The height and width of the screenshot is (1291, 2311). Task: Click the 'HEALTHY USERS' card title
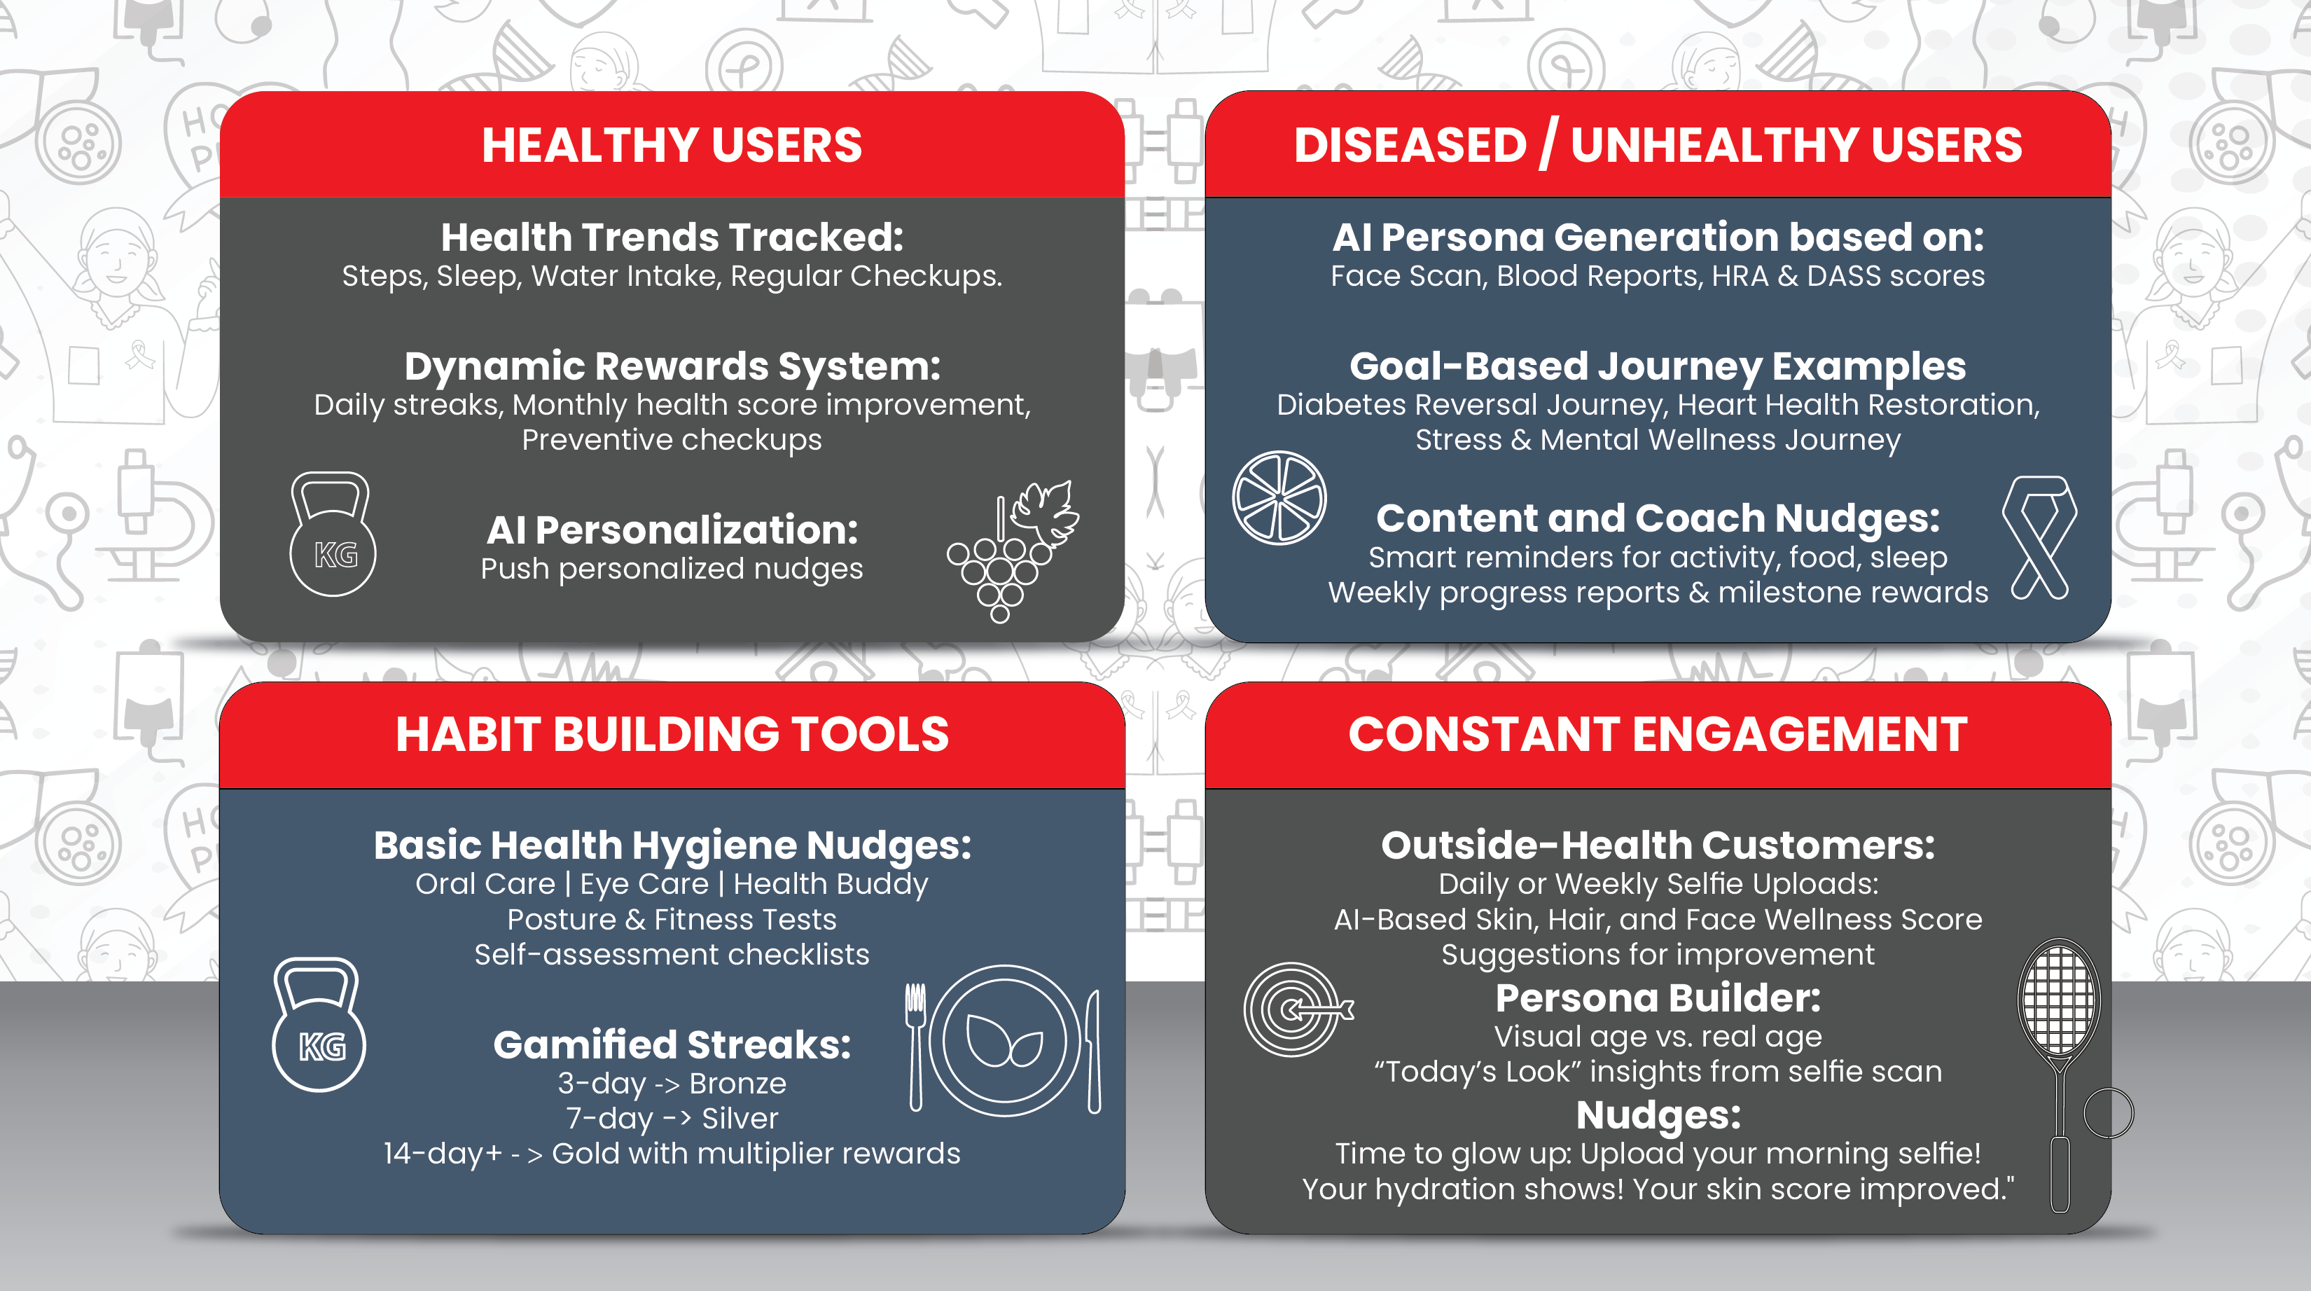(672, 145)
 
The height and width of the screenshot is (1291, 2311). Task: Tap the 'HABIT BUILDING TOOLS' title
(672, 734)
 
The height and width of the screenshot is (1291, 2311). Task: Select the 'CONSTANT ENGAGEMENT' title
(1658, 734)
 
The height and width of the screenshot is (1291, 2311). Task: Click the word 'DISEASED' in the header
(1410, 145)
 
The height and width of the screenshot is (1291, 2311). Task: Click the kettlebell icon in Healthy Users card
(333, 534)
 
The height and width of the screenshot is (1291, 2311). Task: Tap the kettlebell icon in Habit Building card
(319, 1025)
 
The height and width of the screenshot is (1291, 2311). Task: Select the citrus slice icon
(1279, 498)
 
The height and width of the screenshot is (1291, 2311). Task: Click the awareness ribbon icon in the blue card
(2039, 537)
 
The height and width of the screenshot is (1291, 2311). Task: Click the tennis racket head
(2059, 997)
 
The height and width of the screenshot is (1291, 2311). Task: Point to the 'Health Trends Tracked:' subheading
(672, 237)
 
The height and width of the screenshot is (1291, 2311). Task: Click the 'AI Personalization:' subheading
(672, 530)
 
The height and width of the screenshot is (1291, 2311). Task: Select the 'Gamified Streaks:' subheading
(672, 1045)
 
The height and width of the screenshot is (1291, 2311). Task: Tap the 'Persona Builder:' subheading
(1658, 998)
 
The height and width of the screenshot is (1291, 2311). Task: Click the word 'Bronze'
(737, 1084)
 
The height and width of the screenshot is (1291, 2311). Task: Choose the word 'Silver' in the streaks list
(740, 1119)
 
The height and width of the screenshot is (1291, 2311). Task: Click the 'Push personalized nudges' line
(672, 569)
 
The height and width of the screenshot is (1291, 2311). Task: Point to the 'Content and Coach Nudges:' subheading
(1658, 518)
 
